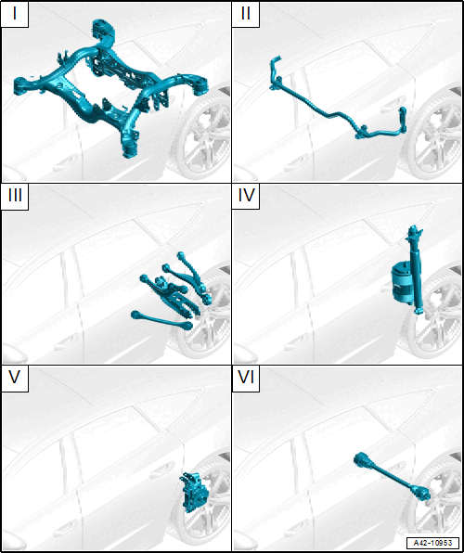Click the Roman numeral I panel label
point(15,16)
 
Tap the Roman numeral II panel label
point(246,16)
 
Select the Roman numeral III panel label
point(15,195)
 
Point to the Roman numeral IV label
point(246,195)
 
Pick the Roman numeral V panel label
point(15,378)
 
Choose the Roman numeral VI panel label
point(246,378)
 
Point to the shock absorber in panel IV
point(416,270)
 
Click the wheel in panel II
point(437,133)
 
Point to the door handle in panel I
point(66,164)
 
